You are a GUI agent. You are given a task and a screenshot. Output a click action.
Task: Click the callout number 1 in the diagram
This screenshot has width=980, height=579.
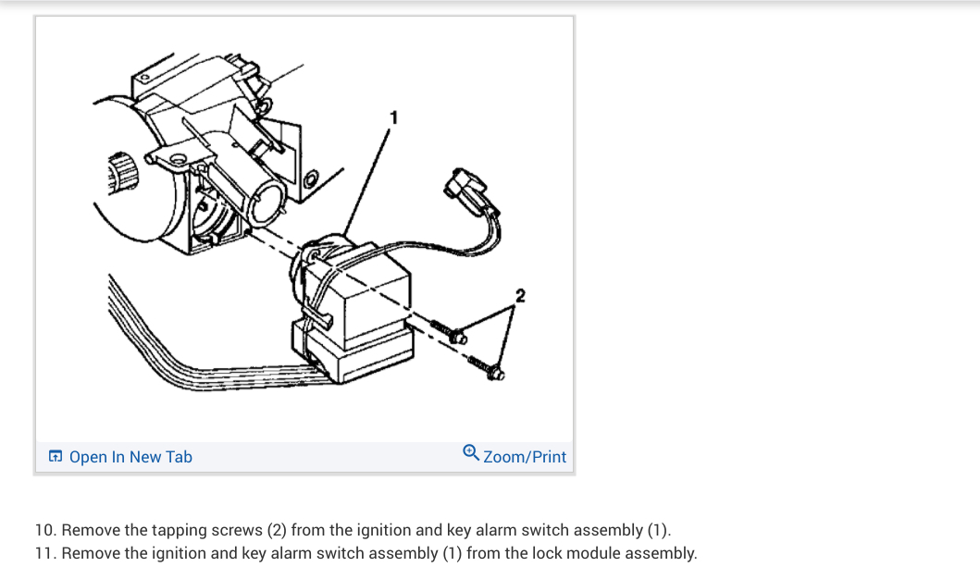click(x=394, y=117)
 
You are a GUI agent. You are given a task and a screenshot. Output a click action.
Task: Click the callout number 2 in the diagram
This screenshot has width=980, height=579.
click(x=519, y=296)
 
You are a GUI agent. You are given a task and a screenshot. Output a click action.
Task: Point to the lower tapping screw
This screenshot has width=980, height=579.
click(x=486, y=367)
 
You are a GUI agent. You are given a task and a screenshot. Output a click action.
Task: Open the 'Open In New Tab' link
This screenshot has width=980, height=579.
click(x=130, y=457)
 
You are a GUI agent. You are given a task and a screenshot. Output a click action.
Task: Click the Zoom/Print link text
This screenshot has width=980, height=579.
click(x=524, y=457)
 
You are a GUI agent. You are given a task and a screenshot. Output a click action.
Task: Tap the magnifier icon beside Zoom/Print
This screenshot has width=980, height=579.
click(x=471, y=453)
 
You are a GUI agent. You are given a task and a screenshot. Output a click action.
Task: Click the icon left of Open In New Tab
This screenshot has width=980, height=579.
click(x=56, y=457)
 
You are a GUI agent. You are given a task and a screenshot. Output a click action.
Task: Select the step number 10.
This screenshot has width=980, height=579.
click(x=45, y=530)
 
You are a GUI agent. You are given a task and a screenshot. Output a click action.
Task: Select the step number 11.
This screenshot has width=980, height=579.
click(x=45, y=553)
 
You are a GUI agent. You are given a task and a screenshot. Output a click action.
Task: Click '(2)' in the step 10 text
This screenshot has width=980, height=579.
click(x=277, y=530)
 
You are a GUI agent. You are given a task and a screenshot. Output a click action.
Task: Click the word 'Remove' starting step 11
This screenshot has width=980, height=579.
click(x=91, y=553)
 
